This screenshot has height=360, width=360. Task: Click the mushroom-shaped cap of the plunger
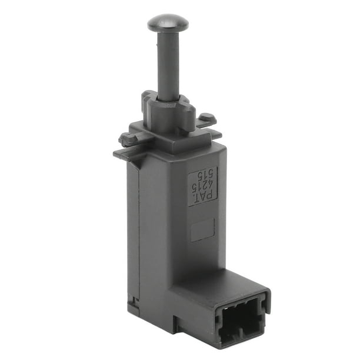(x=168, y=23)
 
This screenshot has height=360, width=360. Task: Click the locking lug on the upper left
(x=129, y=139)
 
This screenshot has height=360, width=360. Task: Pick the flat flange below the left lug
(x=126, y=154)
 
